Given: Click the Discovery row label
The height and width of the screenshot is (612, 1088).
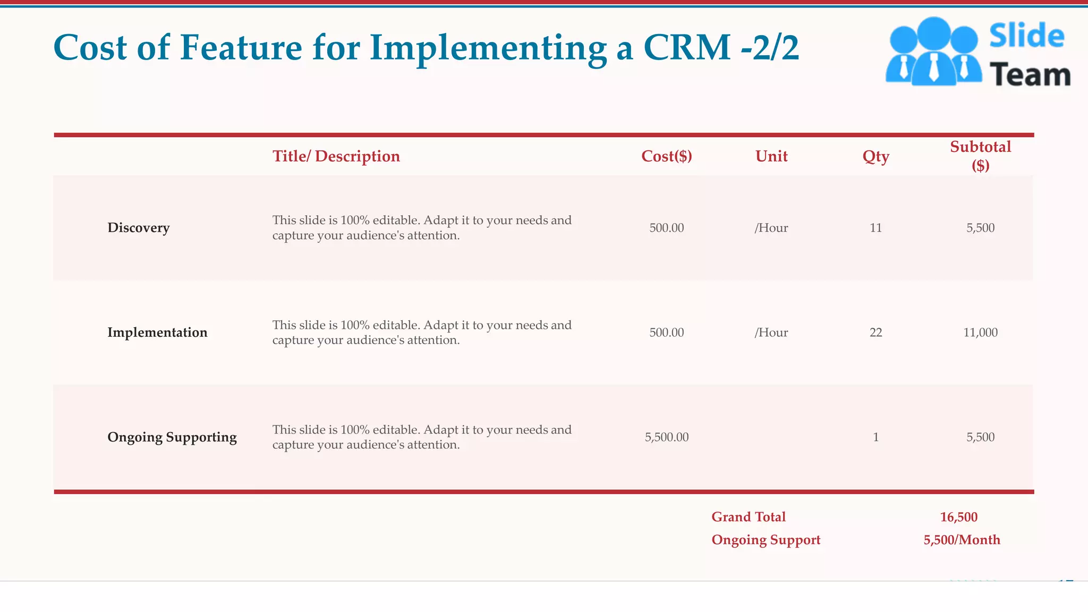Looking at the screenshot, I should click(x=138, y=228).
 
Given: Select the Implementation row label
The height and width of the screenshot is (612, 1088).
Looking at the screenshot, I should click(x=157, y=333).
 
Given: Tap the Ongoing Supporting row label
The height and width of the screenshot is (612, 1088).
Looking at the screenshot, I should click(x=172, y=437).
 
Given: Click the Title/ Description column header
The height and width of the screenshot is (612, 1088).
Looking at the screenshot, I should click(x=336, y=156).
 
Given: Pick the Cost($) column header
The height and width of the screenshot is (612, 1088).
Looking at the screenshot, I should click(x=666, y=156).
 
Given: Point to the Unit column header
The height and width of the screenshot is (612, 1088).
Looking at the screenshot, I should click(x=771, y=156).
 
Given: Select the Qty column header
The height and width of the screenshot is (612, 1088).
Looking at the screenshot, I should click(x=875, y=156).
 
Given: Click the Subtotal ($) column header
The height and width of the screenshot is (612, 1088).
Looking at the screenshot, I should click(x=980, y=156).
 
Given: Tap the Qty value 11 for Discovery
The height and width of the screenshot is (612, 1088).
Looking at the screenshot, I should click(x=875, y=228).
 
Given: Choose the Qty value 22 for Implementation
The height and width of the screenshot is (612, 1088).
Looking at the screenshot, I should click(x=875, y=333).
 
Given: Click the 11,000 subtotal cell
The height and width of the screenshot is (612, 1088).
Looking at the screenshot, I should click(x=980, y=333).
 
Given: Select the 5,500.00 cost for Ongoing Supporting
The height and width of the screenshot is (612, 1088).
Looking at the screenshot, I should click(x=666, y=437).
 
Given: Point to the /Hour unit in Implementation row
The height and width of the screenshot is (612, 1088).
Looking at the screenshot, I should click(x=771, y=333).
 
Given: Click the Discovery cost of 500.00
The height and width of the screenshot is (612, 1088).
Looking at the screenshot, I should click(x=666, y=228).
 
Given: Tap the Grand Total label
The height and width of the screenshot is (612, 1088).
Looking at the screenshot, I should click(x=748, y=517).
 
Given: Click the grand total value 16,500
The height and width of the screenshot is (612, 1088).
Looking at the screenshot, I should click(x=958, y=517).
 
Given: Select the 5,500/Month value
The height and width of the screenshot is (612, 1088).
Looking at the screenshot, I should click(x=962, y=540).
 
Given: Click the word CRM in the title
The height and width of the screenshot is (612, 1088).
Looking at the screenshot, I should click(x=686, y=48).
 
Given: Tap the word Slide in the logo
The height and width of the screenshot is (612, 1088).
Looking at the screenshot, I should click(x=1026, y=36).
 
